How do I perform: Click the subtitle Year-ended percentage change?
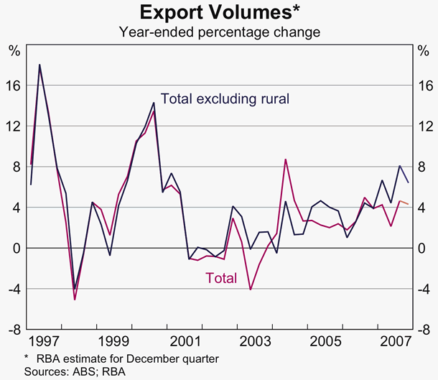click(219, 32)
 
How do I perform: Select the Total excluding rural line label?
click(225, 98)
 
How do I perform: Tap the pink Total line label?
click(221, 277)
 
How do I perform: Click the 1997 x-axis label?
click(45, 339)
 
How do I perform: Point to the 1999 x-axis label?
click(114, 339)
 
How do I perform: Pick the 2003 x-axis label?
click(255, 339)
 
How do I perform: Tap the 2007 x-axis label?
click(395, 339)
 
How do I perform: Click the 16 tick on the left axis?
click(14, 85)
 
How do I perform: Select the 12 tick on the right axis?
click(424, 126)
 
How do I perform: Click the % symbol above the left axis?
click(14, 50)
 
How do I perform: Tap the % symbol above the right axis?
click(424, 50)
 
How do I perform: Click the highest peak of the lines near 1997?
click(39, 65)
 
